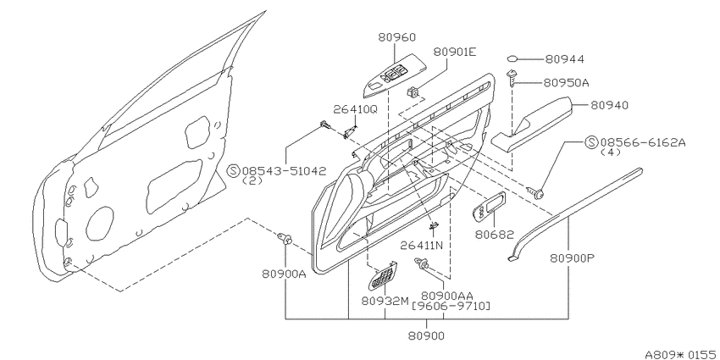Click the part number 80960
tap(396, 37)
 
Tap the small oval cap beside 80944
tap(513, 58)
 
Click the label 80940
tap(609, 106)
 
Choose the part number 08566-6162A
tap(641, 142)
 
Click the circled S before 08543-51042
tap(234, 171)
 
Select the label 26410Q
tap(356, 109)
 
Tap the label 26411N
tap(421, 245)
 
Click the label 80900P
tap(572, 258)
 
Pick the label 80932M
tap(385, 301)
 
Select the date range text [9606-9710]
tap(451, 305)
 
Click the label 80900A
tap(285, 274)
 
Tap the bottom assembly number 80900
tap(426, 336)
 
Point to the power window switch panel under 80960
tap(395, 80)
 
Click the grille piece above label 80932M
tap(381, 275)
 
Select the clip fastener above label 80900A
tap(285, 238)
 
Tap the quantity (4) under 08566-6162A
tap(610, 152)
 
